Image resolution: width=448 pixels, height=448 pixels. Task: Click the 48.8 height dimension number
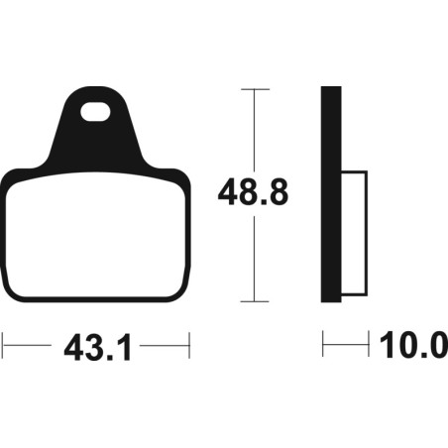click(x=254, y=192)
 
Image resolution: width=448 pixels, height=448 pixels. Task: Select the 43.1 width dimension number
click(x=98, y=347)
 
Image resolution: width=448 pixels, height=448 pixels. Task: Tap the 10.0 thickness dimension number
click(x=413, y=345)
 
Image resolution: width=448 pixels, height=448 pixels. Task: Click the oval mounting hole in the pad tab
click(x=95, y=112)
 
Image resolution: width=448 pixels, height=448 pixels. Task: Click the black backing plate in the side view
click(x=331, y=194)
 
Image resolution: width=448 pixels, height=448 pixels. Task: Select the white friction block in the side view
click(x=354, y=233)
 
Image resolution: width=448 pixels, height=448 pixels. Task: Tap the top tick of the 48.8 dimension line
click(x=255, y=89)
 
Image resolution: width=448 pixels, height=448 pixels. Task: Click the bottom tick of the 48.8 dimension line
click(x=255, y=301)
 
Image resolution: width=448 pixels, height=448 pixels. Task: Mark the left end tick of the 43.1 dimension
click(x=3, y=346)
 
